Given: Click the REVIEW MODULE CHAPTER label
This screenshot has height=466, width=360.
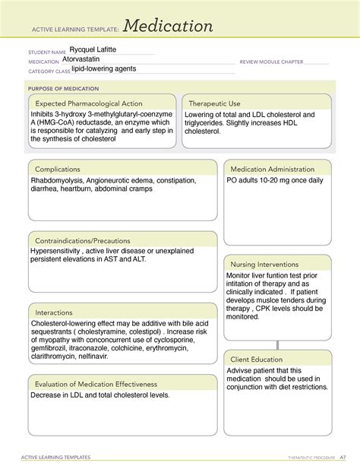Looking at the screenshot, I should pos(271,62).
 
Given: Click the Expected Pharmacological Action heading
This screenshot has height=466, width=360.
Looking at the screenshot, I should pos(89,103).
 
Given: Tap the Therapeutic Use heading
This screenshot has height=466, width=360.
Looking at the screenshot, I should pos(214,103).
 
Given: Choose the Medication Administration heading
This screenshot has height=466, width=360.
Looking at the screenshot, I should pos(272,169).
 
